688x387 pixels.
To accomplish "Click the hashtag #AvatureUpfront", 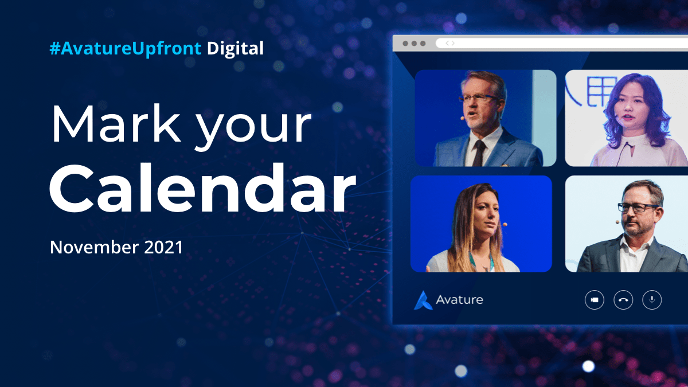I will point(126,49).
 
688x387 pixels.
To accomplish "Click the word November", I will point(93,248).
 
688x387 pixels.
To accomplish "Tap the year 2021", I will point(163,248).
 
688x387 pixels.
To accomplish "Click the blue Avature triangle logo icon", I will point(423,300).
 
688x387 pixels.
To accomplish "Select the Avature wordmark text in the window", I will point(459,299).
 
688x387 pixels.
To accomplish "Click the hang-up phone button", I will point(623,300).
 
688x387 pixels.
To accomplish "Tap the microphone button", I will point(652,300).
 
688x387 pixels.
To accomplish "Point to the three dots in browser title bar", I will point(414,44).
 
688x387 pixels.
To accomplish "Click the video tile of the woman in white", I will point(626,118).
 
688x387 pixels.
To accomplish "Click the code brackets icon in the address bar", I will point(450,43).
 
